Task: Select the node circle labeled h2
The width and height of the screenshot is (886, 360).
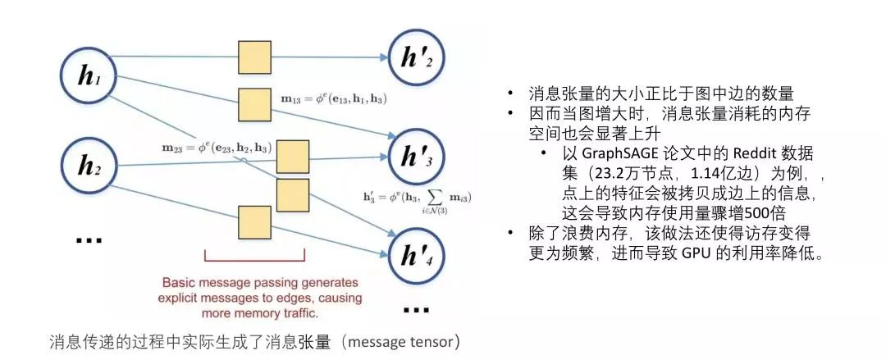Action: coord(88,168)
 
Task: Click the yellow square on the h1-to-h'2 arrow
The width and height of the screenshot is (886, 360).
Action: coord(254,57)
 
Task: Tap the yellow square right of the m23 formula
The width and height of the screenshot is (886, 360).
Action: coord(291,156)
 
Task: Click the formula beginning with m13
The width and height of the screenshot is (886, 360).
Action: coord(332,99)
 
